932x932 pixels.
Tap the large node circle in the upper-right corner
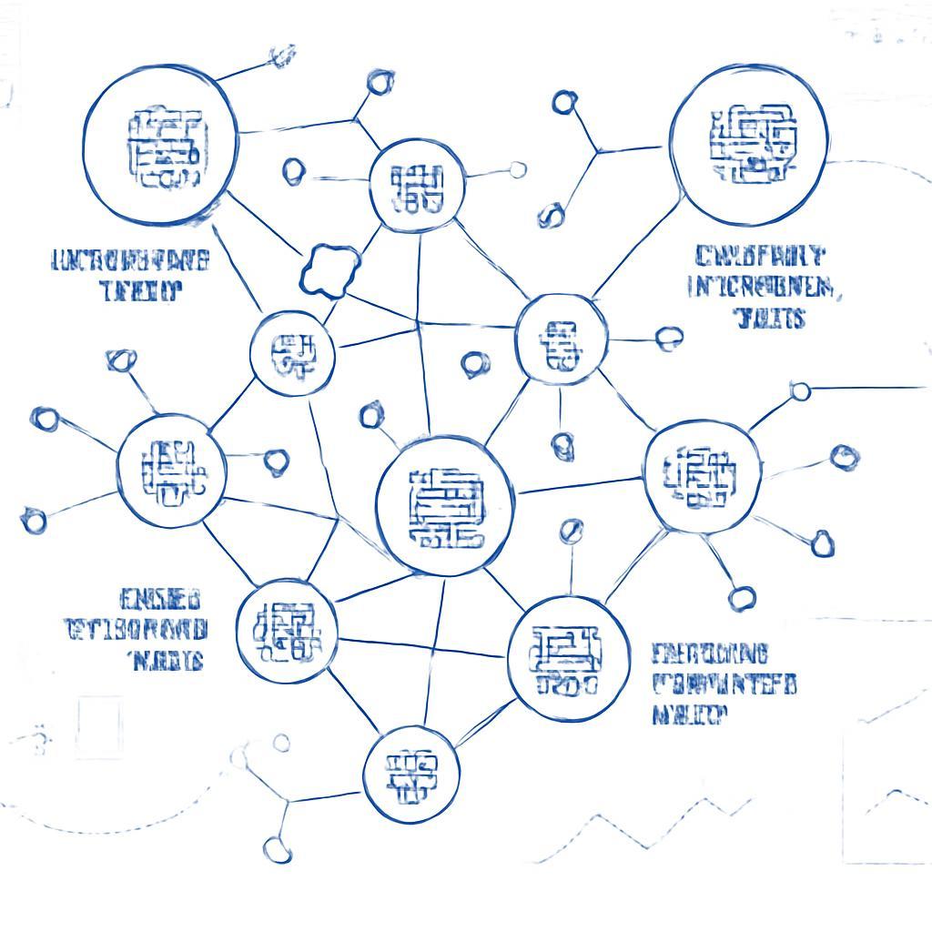coord(748,145)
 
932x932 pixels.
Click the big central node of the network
coord(445,506)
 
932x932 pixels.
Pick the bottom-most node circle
coord(411,775)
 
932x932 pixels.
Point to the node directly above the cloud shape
coord(418,187)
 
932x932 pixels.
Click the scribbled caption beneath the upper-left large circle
coord(131,275)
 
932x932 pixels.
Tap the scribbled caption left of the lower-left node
coord(137,629)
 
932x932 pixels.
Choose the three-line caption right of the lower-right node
coord(724,684)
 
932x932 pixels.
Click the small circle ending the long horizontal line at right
coord(800,391)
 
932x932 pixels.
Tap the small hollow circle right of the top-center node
coord(518,169)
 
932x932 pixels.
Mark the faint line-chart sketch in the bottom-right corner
coord(887,783)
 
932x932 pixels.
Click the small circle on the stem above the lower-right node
coord(572,531)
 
